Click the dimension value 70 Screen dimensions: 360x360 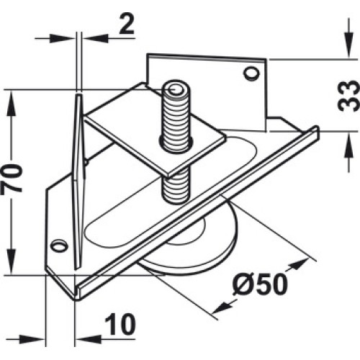[12, 178]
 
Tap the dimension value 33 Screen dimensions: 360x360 [348, 96]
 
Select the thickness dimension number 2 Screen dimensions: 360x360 [127, 24]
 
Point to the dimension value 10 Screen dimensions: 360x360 [120, 325]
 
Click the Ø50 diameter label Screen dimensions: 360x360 [260, 285]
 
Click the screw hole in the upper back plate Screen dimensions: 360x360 [251, 73]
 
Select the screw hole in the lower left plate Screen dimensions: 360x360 [60, 246]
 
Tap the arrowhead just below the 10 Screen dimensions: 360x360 [89, 339]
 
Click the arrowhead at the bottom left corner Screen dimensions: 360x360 [32, 339]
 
